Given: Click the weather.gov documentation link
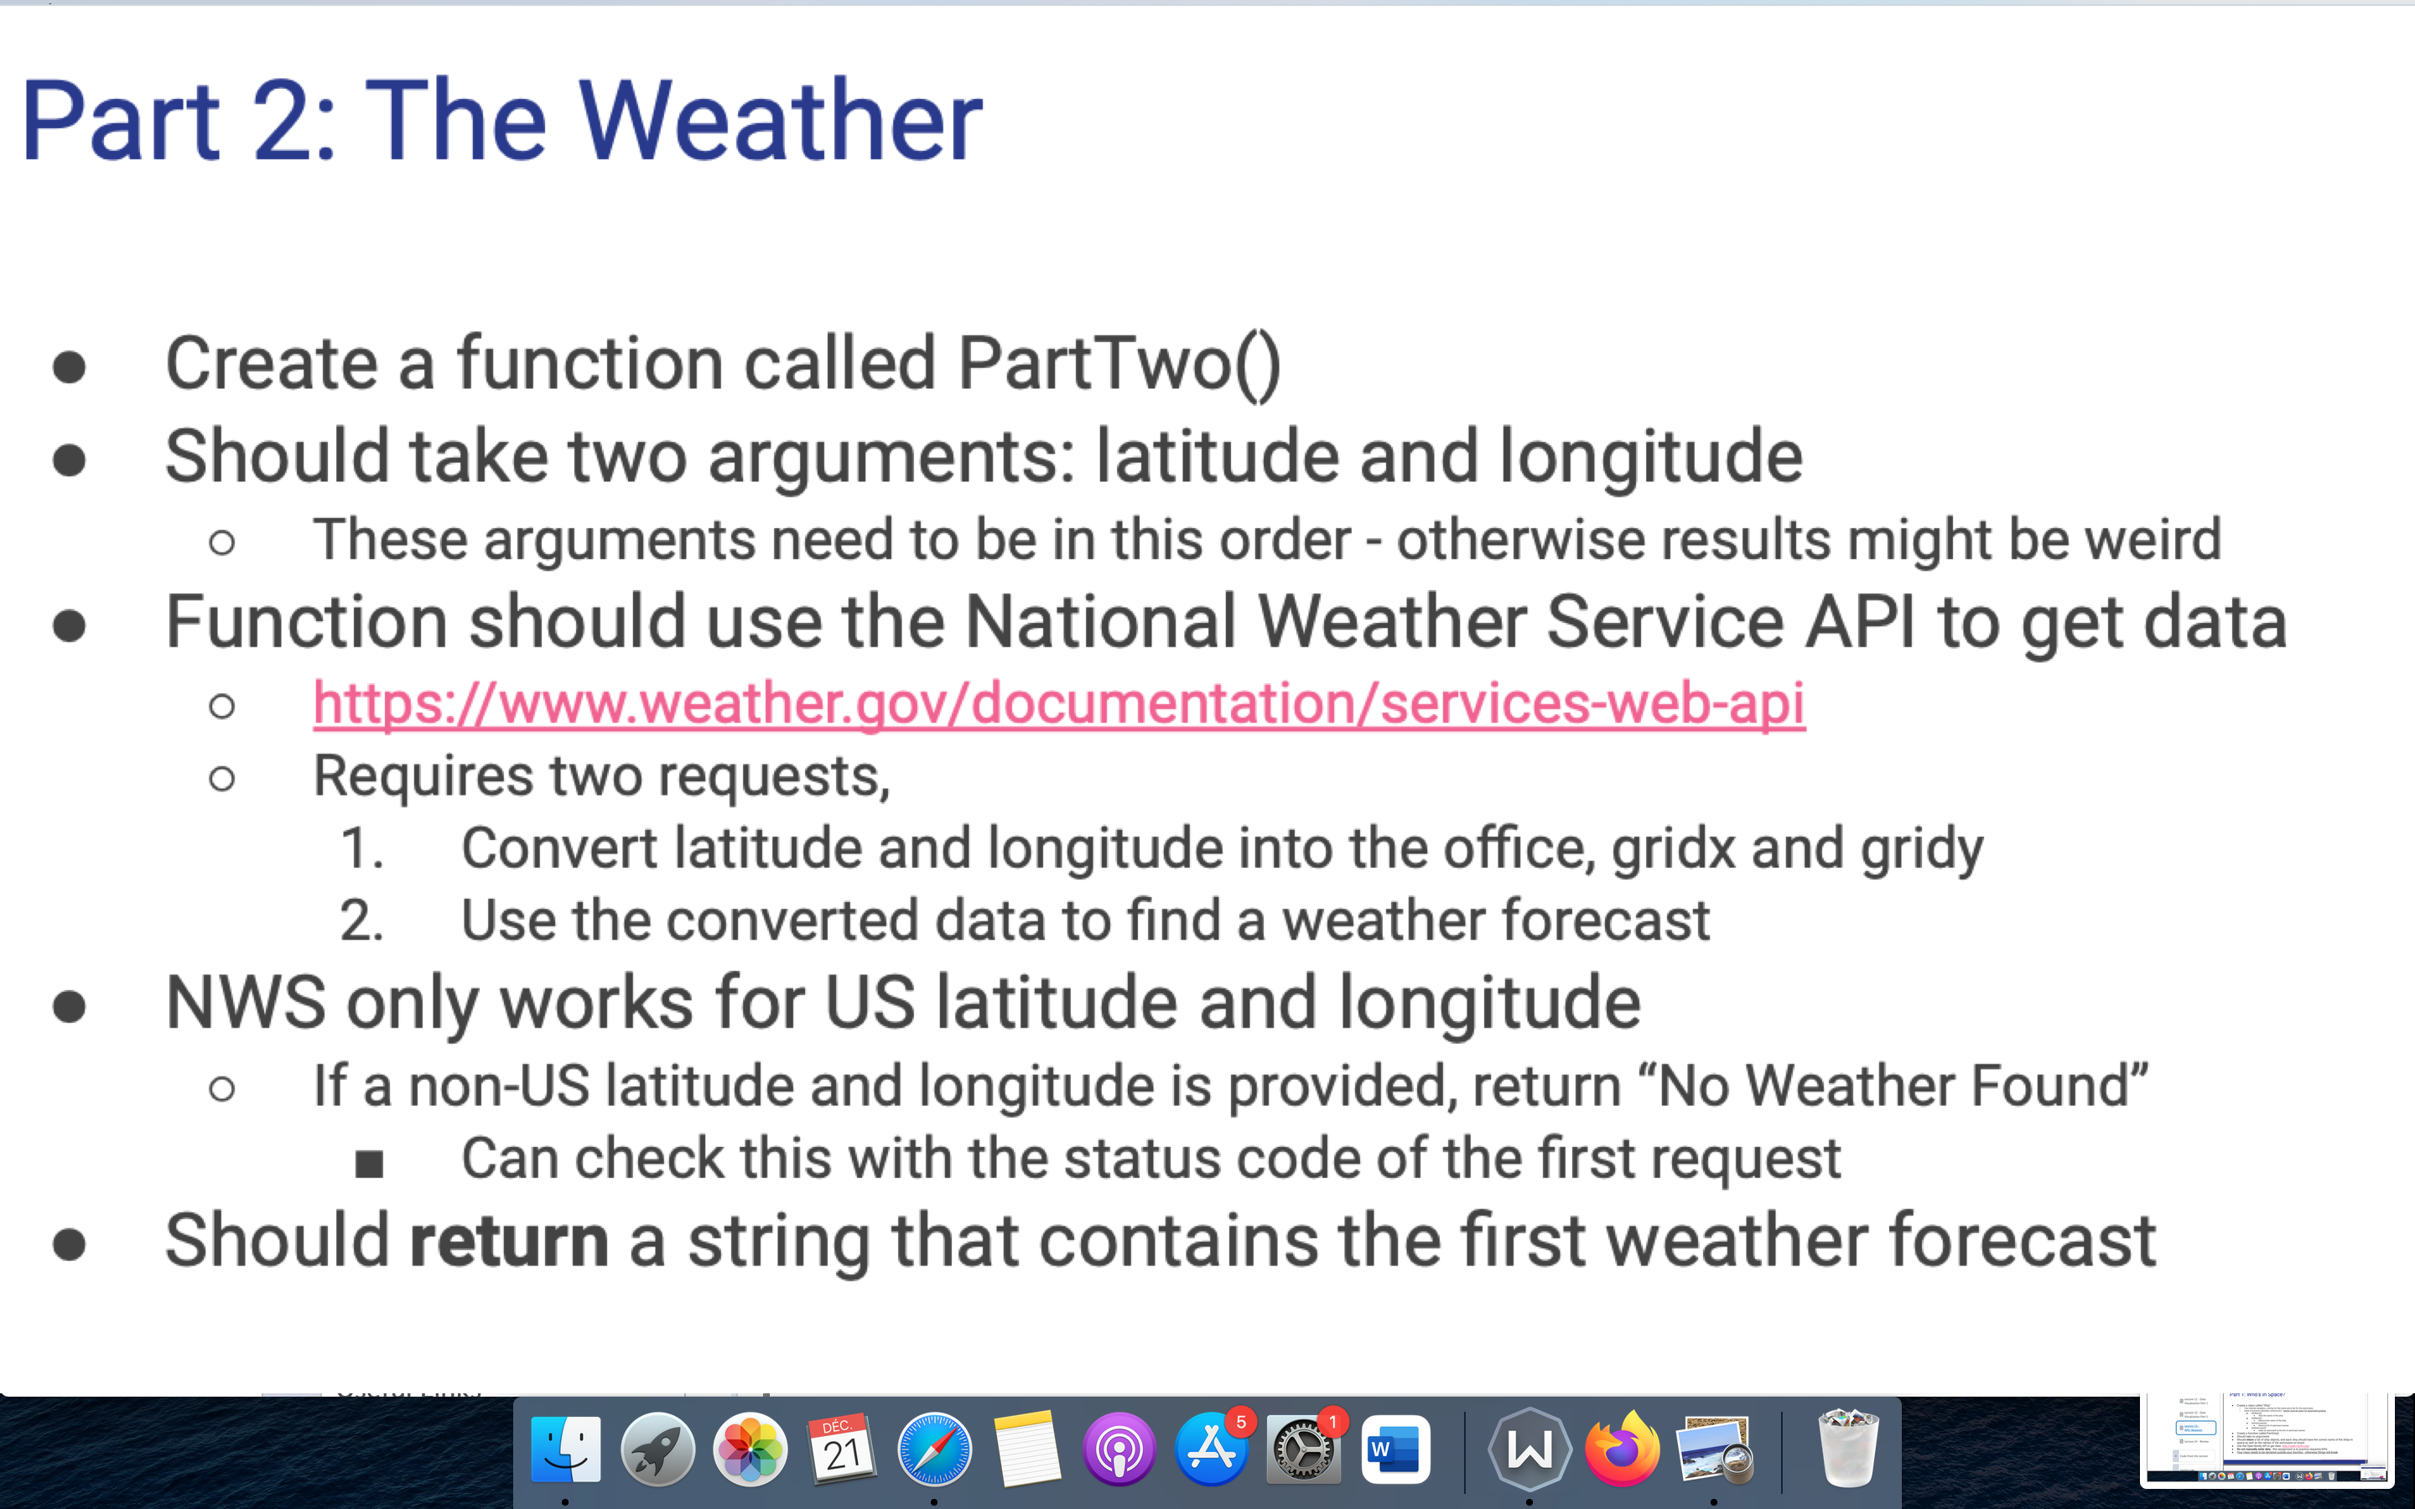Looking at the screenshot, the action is [1059, 703].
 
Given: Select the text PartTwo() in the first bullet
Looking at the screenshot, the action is [1119, 363].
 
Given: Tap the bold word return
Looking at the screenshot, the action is [509, 1241].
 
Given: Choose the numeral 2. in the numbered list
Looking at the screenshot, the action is [361, 920].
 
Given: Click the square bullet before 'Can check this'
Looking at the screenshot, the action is [369, 1164].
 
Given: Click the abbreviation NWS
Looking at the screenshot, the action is [246, 1002].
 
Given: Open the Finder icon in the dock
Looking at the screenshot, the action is [566, 1449].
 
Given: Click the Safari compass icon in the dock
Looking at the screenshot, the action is [934, 1449].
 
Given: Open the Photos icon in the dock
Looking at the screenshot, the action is [750, 1449].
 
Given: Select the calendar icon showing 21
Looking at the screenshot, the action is [841, 1449].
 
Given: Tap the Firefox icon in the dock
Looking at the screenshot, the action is [1622, 1449].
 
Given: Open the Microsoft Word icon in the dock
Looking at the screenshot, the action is [1395, 1449].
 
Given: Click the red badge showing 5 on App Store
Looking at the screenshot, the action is [1240, 1422].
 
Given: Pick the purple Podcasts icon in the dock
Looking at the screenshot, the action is [1119, 1449].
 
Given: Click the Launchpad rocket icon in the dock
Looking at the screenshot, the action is [657, 1449].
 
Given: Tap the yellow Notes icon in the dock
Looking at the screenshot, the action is [1027, 1449].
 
